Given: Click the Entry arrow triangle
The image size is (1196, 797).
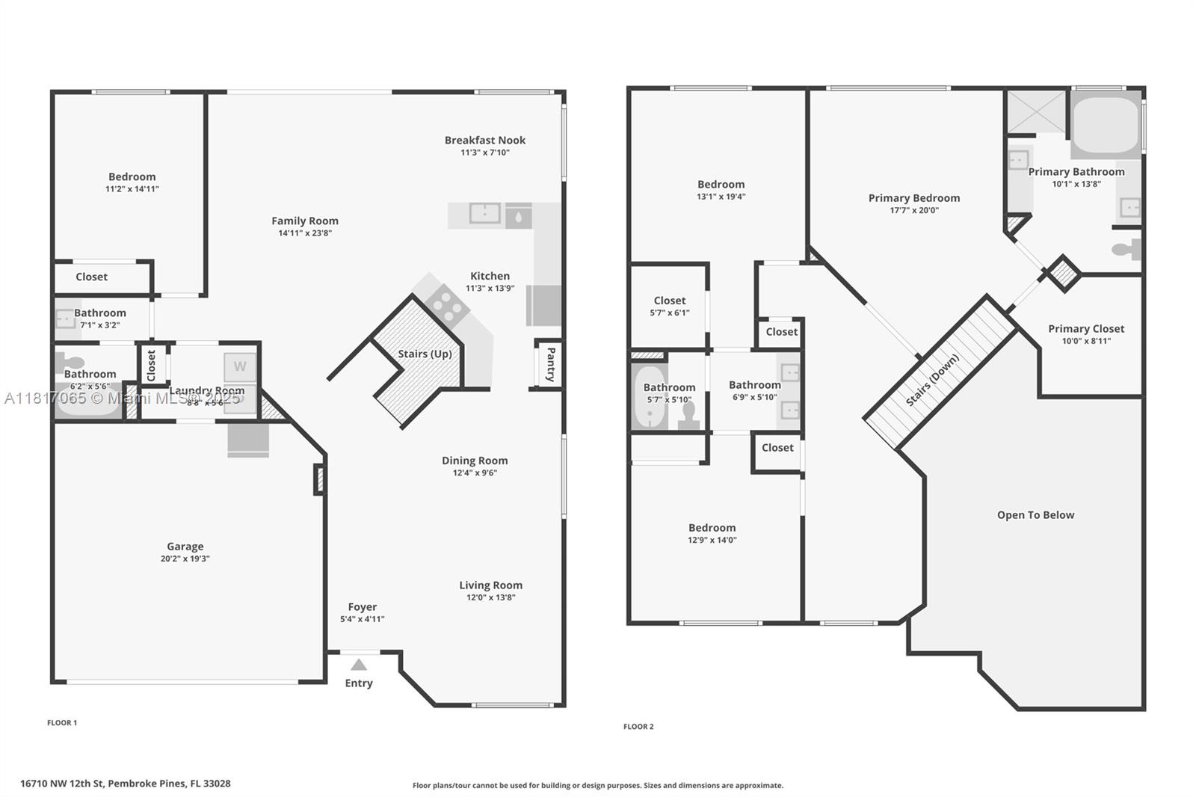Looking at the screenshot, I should coord(359,665).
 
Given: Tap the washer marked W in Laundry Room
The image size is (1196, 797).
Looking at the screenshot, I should coord(240,366).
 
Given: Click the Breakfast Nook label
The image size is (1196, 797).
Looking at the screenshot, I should coord(485,140).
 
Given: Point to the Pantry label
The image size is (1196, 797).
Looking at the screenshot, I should coord(551,364).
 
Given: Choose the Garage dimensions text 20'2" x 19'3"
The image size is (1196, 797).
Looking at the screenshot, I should coord(185,558).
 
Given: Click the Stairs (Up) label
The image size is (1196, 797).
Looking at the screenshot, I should coord(425,354).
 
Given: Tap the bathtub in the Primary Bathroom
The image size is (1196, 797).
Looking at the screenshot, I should coord(1106,125).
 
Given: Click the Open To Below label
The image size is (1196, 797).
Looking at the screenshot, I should coord(1035,515).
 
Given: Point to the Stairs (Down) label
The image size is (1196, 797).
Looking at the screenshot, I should coord(932,381).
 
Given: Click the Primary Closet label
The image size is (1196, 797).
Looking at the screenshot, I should coord(1086,329).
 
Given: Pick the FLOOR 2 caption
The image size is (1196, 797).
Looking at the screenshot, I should coord(638,727).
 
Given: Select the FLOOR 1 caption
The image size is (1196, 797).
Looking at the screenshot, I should coord(62,723).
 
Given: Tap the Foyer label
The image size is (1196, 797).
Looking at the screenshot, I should coord(363,607).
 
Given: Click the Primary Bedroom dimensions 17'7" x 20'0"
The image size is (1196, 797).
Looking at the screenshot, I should coord(914,211).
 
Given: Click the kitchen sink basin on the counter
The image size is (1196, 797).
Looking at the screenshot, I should coord(484,214).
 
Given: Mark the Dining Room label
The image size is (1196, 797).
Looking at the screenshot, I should coord(475,461).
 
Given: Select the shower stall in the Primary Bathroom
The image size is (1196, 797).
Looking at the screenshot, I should coord(1036,112).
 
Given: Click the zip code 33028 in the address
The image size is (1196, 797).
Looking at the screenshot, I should coord(217,784).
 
